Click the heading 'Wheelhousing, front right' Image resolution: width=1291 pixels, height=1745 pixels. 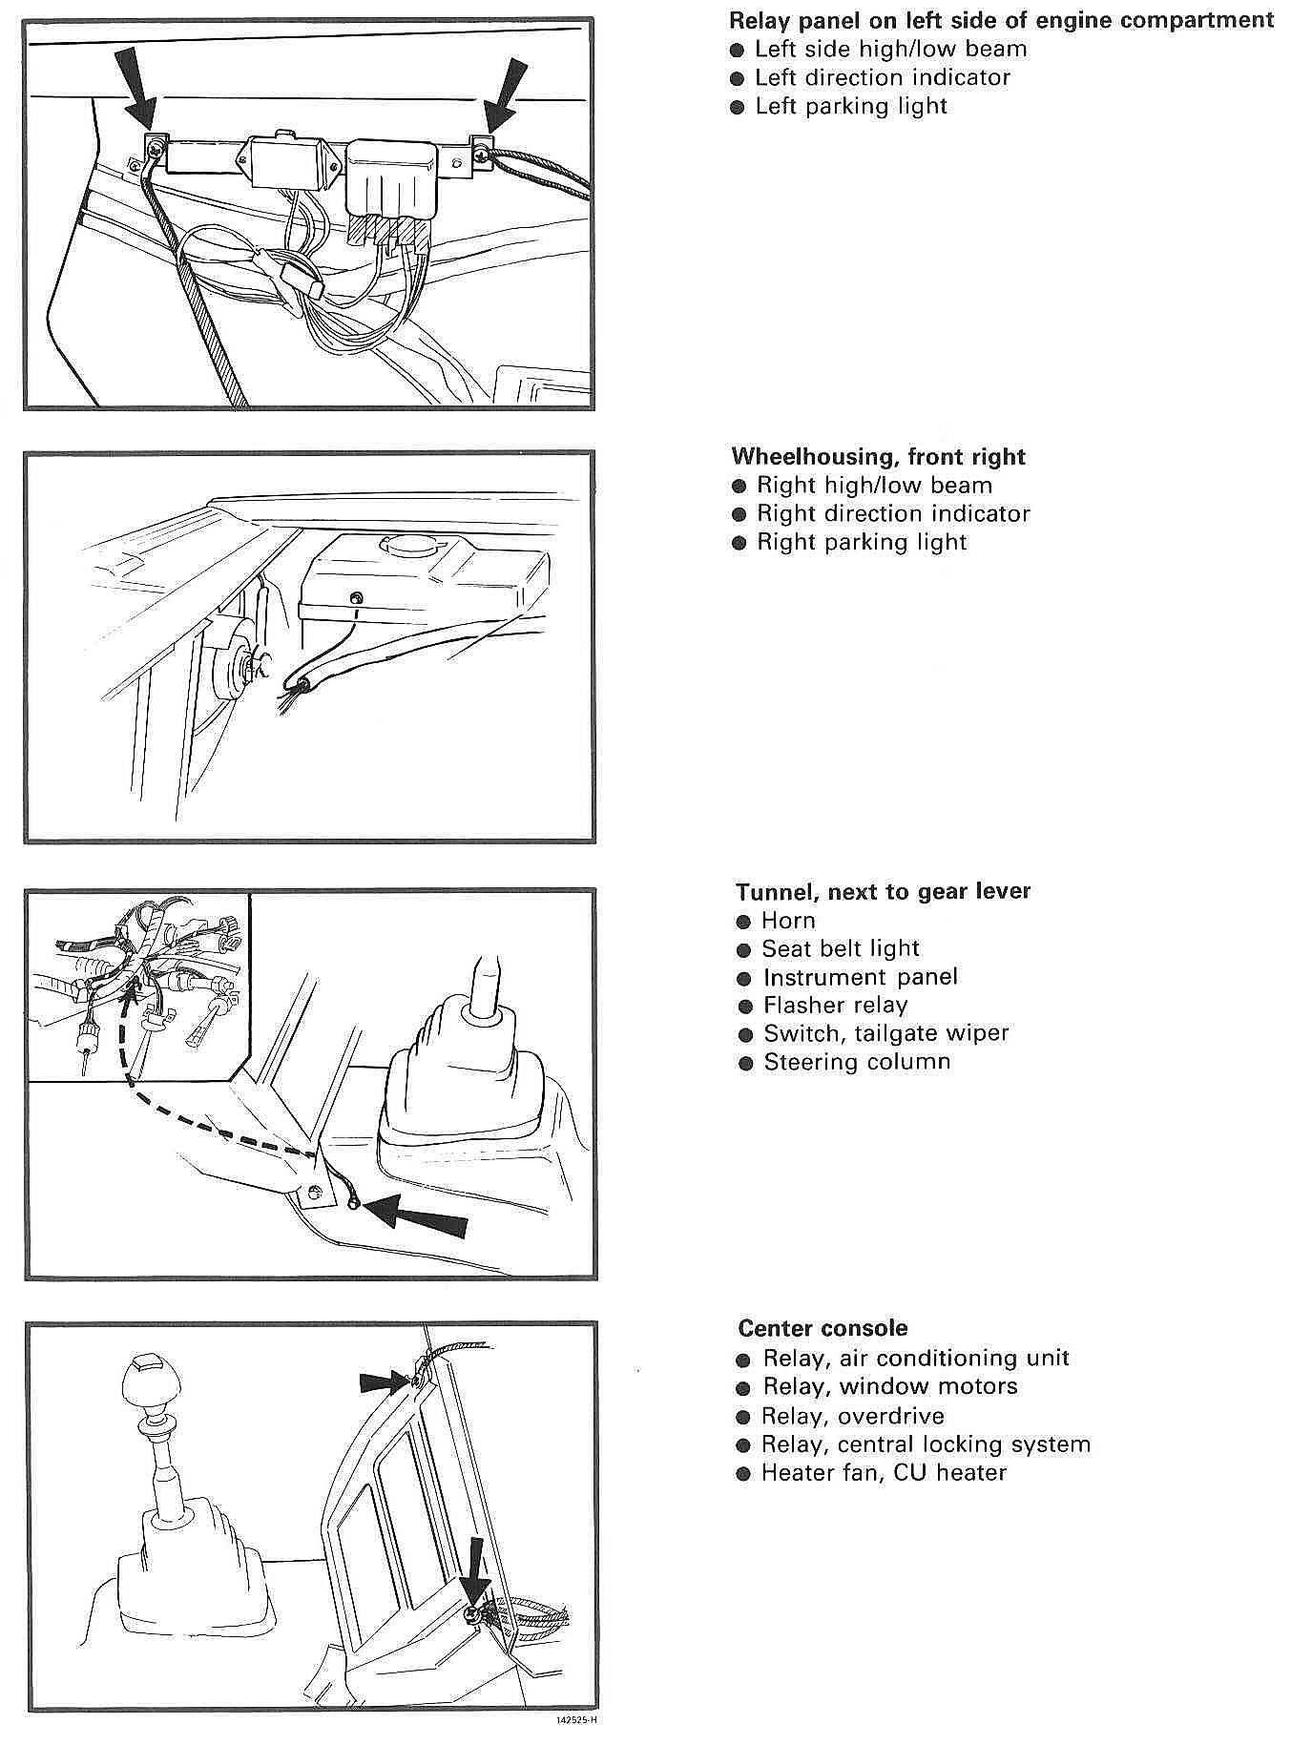pos(878,456)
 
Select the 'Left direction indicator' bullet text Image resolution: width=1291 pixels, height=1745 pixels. pos(882,77)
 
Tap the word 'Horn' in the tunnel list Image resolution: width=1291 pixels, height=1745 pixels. pos(788,921)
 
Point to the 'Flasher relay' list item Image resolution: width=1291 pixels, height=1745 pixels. pos(835,1005)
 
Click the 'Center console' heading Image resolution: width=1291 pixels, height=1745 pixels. pos(822,1328)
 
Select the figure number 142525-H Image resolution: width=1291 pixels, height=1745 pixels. pos(576,1721)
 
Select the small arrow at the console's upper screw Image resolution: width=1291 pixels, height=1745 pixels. pos(384,1381)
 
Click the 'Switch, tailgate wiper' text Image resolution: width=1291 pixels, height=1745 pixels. pos(885,1033)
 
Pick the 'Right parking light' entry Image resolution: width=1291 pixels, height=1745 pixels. pos(862,542)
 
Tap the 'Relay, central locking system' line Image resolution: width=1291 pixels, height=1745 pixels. pos(926,1444)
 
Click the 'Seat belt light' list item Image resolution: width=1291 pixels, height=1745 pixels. pos(840,948)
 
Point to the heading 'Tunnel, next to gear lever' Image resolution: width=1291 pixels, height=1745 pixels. pos(883,891)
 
